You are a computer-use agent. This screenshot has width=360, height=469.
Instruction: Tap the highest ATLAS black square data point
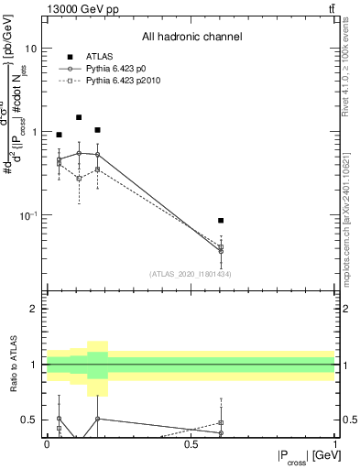click(x=79, y=117)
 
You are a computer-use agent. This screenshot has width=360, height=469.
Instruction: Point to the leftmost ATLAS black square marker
click(x=60, y=135)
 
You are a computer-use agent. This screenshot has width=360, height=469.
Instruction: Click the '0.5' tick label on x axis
click(x=191, y=443)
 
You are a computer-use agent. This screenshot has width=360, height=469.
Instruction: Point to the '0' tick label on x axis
click(x=47, y=443)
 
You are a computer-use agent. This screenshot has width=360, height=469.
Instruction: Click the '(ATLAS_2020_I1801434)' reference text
click(x=190, y=274)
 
